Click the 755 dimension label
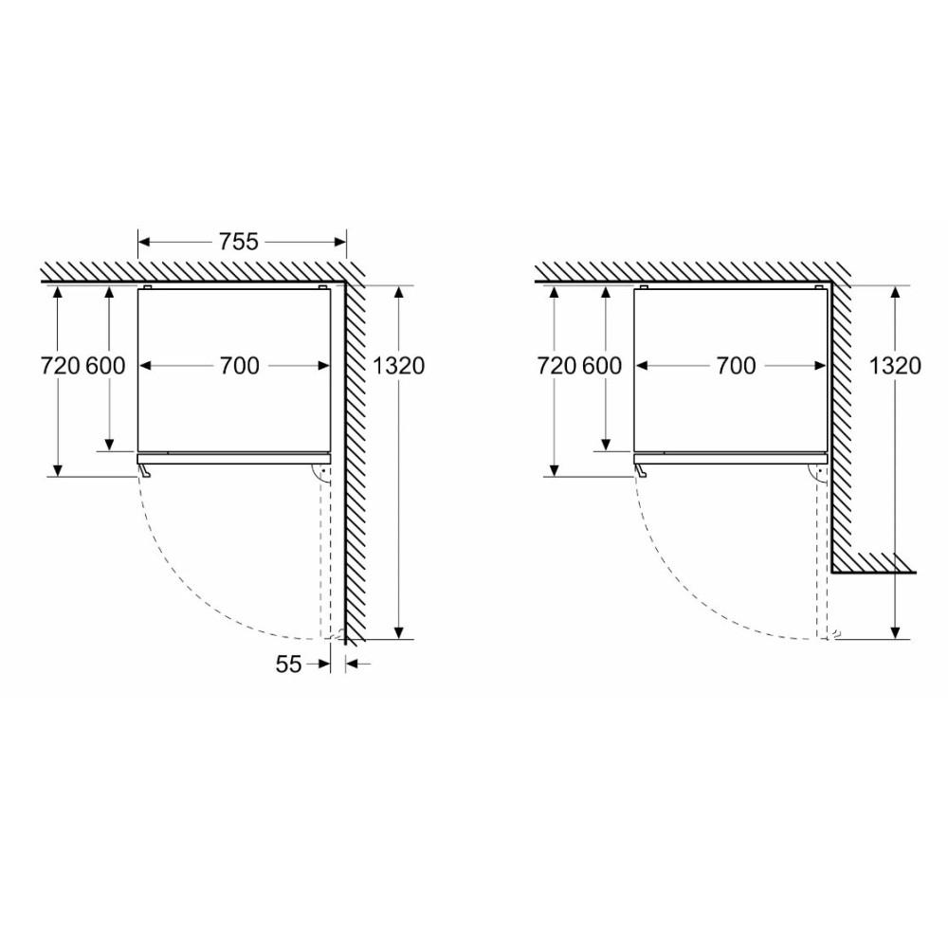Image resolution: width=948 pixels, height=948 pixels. click(238, 242)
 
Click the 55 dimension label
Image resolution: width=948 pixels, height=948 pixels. click(288, 664)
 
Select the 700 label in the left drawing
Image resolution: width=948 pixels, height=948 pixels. click(239, 366)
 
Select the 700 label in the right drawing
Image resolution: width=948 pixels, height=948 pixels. click(736, 366)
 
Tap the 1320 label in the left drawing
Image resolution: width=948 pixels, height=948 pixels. click(398, 366)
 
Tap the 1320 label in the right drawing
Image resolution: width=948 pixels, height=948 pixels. click(895, 366)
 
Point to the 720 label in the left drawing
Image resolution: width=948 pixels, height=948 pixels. click(60, 366)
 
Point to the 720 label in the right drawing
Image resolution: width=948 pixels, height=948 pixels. click(556, 366)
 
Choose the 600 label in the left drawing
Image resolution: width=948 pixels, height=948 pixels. click(105, 366)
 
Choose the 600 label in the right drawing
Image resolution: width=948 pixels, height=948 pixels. click(602, 366)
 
